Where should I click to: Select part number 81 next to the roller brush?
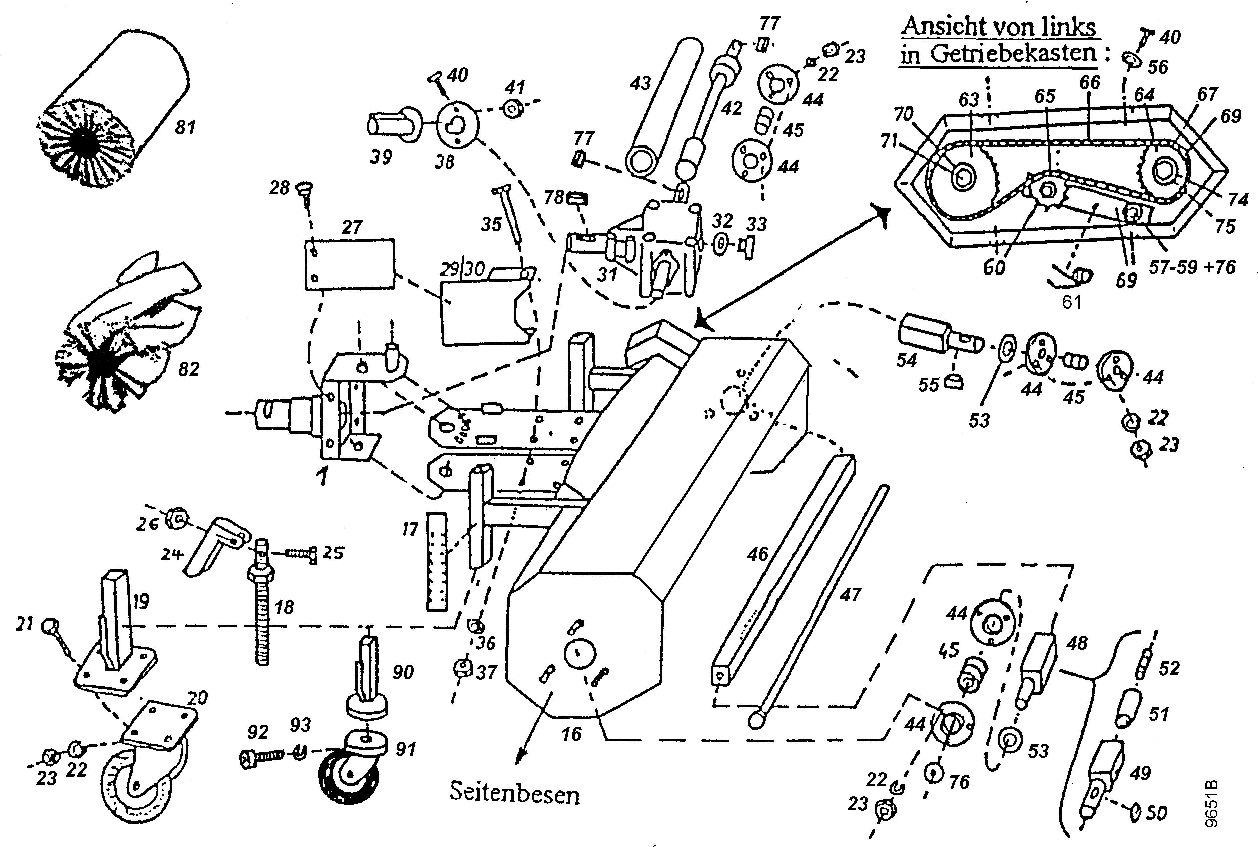pos(185,128)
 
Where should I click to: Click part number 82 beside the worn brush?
pos(189,369)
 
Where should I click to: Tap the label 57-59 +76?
pos(1192,267)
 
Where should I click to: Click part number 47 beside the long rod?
pos(850,595)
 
